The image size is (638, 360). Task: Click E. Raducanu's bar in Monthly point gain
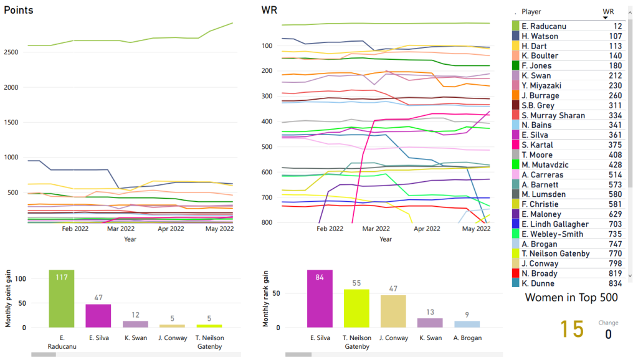pos(62,299)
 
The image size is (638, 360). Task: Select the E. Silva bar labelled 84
pos(320,299)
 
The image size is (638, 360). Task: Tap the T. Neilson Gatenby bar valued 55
pos(356,308)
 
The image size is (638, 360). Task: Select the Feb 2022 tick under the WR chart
pos(330,229)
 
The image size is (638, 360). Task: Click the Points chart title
pos(19,11)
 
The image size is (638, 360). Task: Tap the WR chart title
pos(270,11)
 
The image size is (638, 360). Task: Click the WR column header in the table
pos(608,11)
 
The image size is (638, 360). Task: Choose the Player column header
pos(531,11)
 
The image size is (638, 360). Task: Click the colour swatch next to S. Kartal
pos(515,145)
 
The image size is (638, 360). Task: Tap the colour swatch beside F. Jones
pos(515,66)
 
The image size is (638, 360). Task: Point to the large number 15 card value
pos(571,329)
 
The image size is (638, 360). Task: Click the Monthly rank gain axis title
pos(266,298)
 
